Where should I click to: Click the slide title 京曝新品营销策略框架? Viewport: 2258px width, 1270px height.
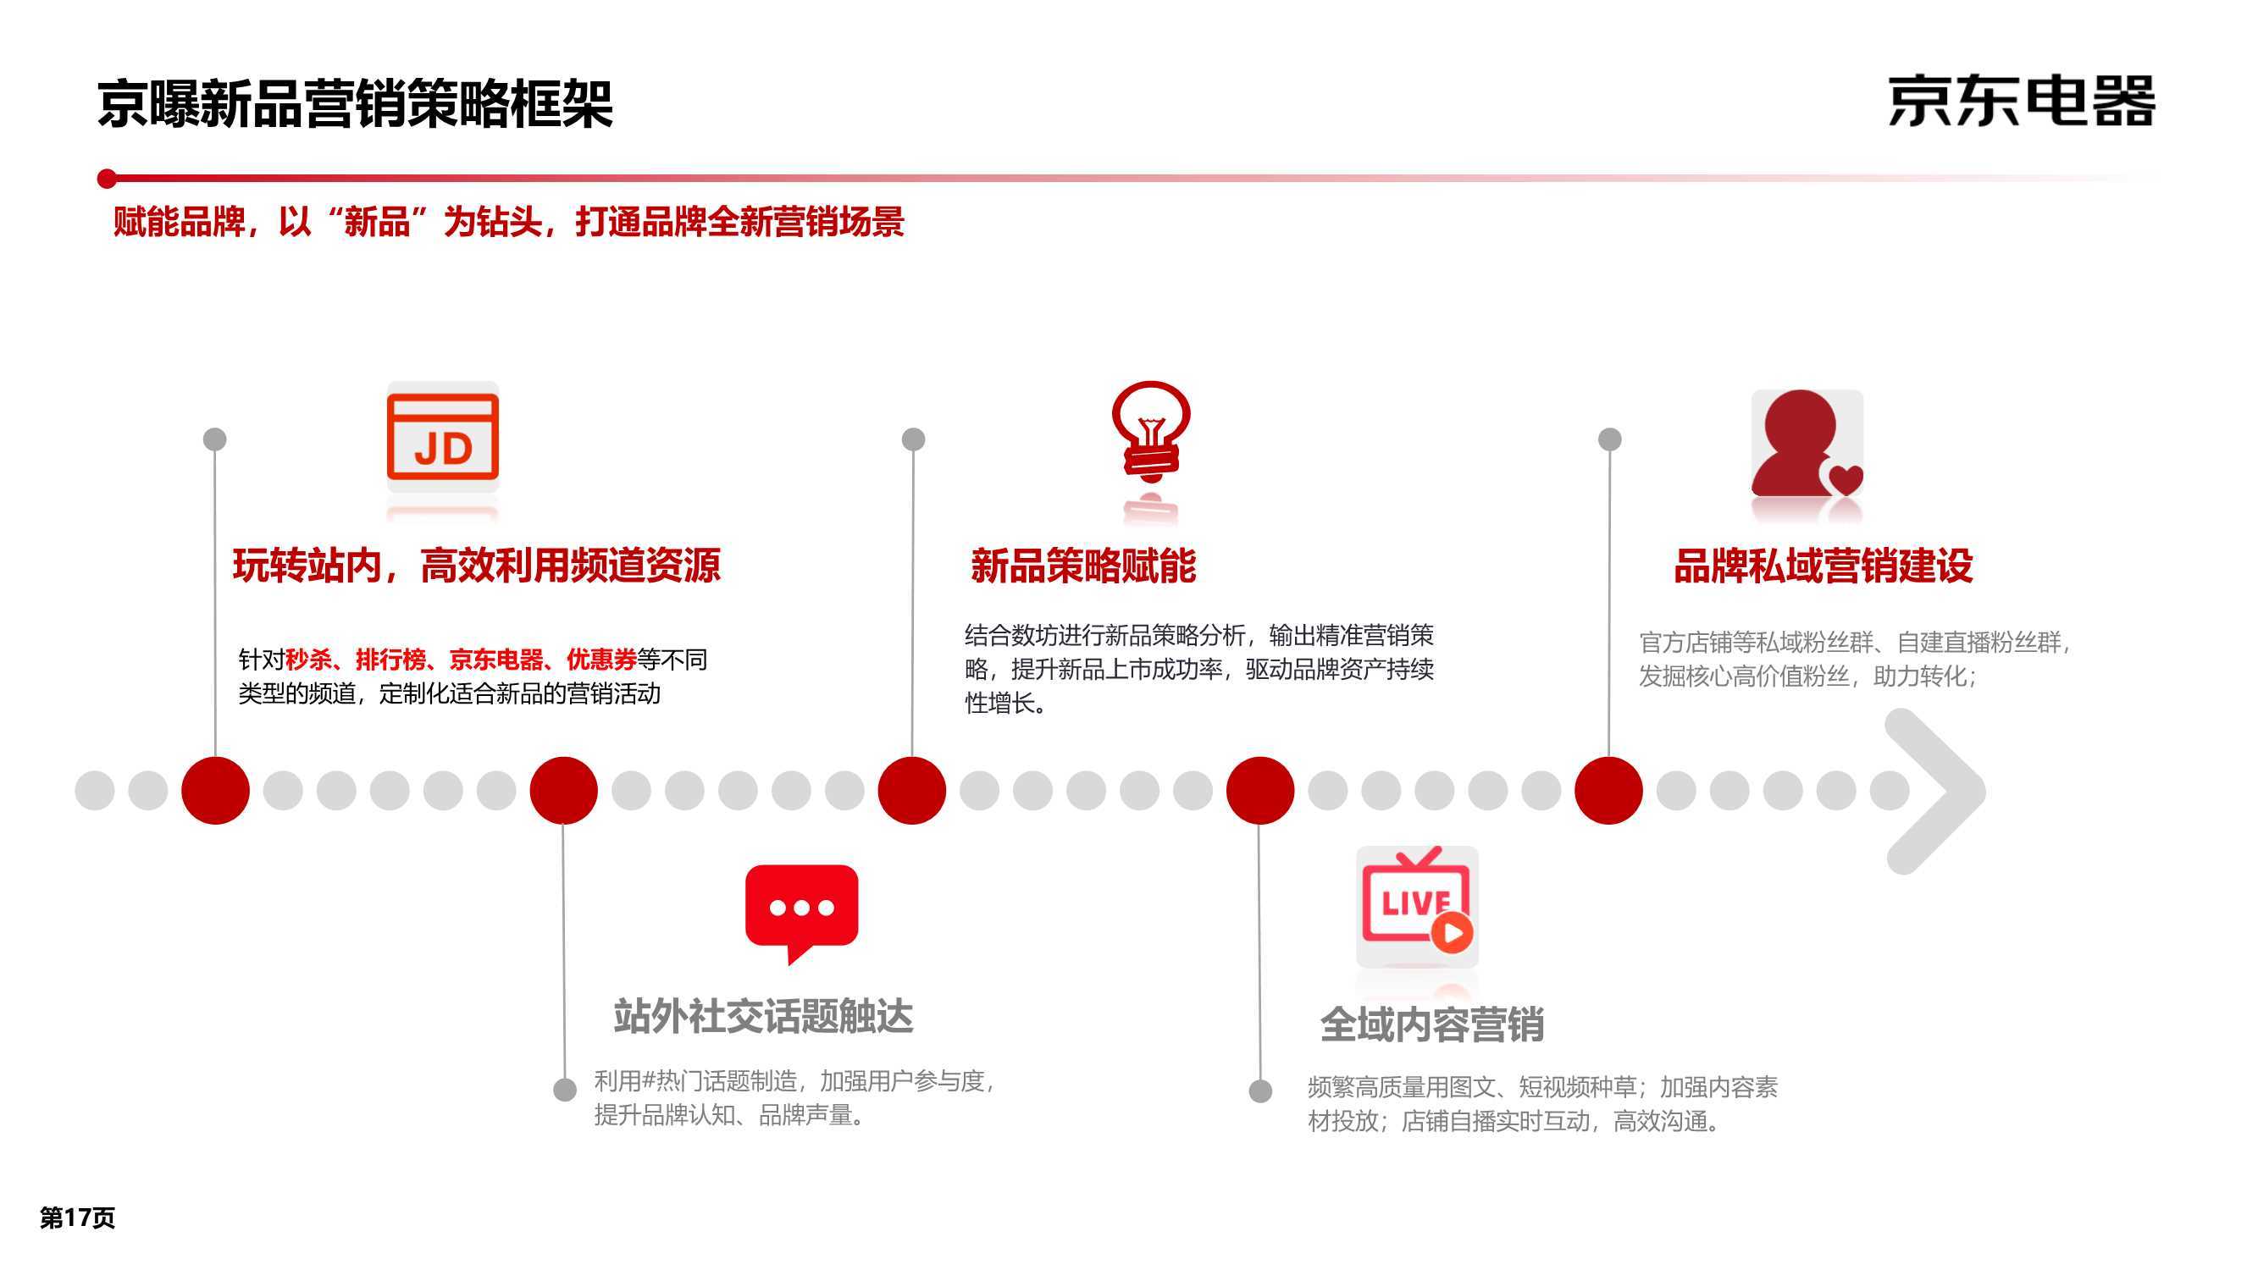(354, 104)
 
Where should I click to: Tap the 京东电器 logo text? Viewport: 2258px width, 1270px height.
(2022, 102)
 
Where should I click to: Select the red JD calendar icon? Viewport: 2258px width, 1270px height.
(443, 437)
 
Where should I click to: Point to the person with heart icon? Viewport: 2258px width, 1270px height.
(1807, 444)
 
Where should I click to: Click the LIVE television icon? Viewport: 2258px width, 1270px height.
(1417, 904)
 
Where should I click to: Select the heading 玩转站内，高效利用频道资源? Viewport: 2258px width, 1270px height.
(476, 566)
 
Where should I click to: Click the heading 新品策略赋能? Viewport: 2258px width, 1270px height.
(1083, 566)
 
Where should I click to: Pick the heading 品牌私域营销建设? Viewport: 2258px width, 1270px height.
(1824, 566)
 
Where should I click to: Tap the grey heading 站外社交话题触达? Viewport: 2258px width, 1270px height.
(763, 1016)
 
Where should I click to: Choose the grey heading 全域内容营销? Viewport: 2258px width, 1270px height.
(1432, 1024)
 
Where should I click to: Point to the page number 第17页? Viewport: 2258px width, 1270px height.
(77, 1218)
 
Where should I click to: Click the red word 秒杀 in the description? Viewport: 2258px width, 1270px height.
(308, 659)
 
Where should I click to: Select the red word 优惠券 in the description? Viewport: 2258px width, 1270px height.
(601, 659)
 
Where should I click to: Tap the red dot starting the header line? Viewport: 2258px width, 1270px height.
(107, 179)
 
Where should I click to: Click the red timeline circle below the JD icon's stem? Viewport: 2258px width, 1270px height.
(216, 791)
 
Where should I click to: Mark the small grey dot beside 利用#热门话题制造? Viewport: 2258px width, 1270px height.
(566, 1090)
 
